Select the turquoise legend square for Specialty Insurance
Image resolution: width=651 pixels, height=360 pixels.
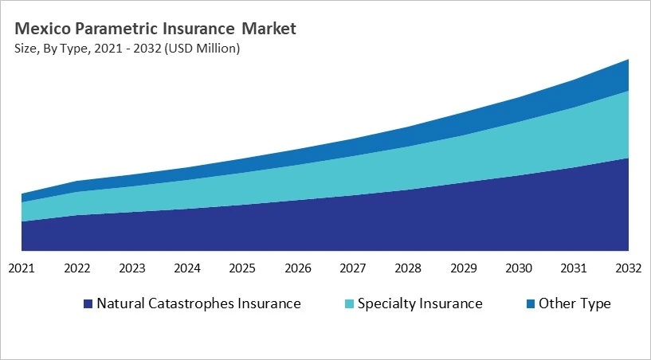[x=349, y=304]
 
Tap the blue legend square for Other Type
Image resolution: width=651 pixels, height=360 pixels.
[x=530, y=304]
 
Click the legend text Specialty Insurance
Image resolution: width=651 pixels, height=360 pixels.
[x=420, y=303]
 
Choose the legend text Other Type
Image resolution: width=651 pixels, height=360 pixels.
[x=575, y=303]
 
